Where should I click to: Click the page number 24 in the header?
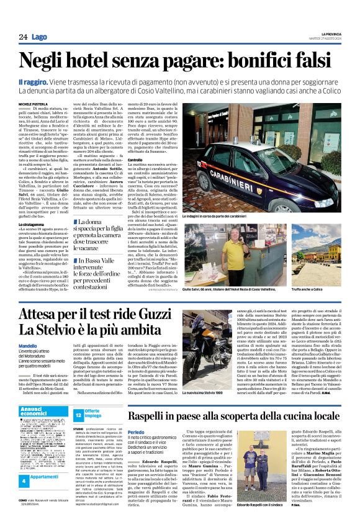point(23,37)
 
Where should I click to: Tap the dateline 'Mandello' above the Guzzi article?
point(29,345)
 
